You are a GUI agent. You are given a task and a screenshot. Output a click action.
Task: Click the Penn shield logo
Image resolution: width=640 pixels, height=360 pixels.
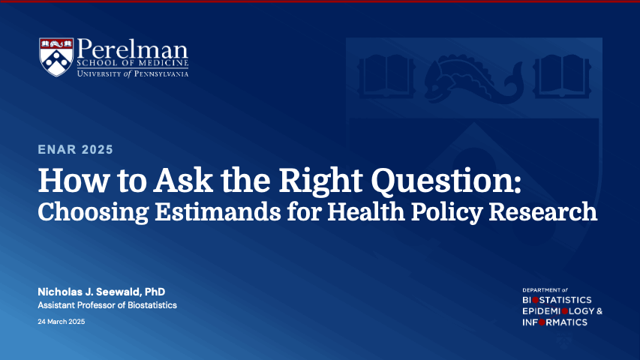(x=56, y=56)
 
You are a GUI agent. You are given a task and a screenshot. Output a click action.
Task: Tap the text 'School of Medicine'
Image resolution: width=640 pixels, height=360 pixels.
(x=132, y=64)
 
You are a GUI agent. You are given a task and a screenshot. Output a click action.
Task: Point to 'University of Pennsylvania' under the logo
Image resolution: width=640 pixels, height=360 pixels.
(x=132, y=73)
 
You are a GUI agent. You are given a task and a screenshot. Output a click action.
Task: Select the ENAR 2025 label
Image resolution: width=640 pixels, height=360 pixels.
(x=76, y=150)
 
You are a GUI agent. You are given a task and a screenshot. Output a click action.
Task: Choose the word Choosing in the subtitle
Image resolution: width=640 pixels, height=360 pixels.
(x=85, y=212)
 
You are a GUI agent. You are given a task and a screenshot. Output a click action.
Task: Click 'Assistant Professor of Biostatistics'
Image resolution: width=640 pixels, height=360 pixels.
(x=107, y=305)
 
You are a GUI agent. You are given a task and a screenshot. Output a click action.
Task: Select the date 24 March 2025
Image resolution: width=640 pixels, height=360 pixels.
(x=62, y=322)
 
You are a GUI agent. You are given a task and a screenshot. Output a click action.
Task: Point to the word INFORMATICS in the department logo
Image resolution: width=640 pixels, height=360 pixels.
(x=554, y=322)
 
